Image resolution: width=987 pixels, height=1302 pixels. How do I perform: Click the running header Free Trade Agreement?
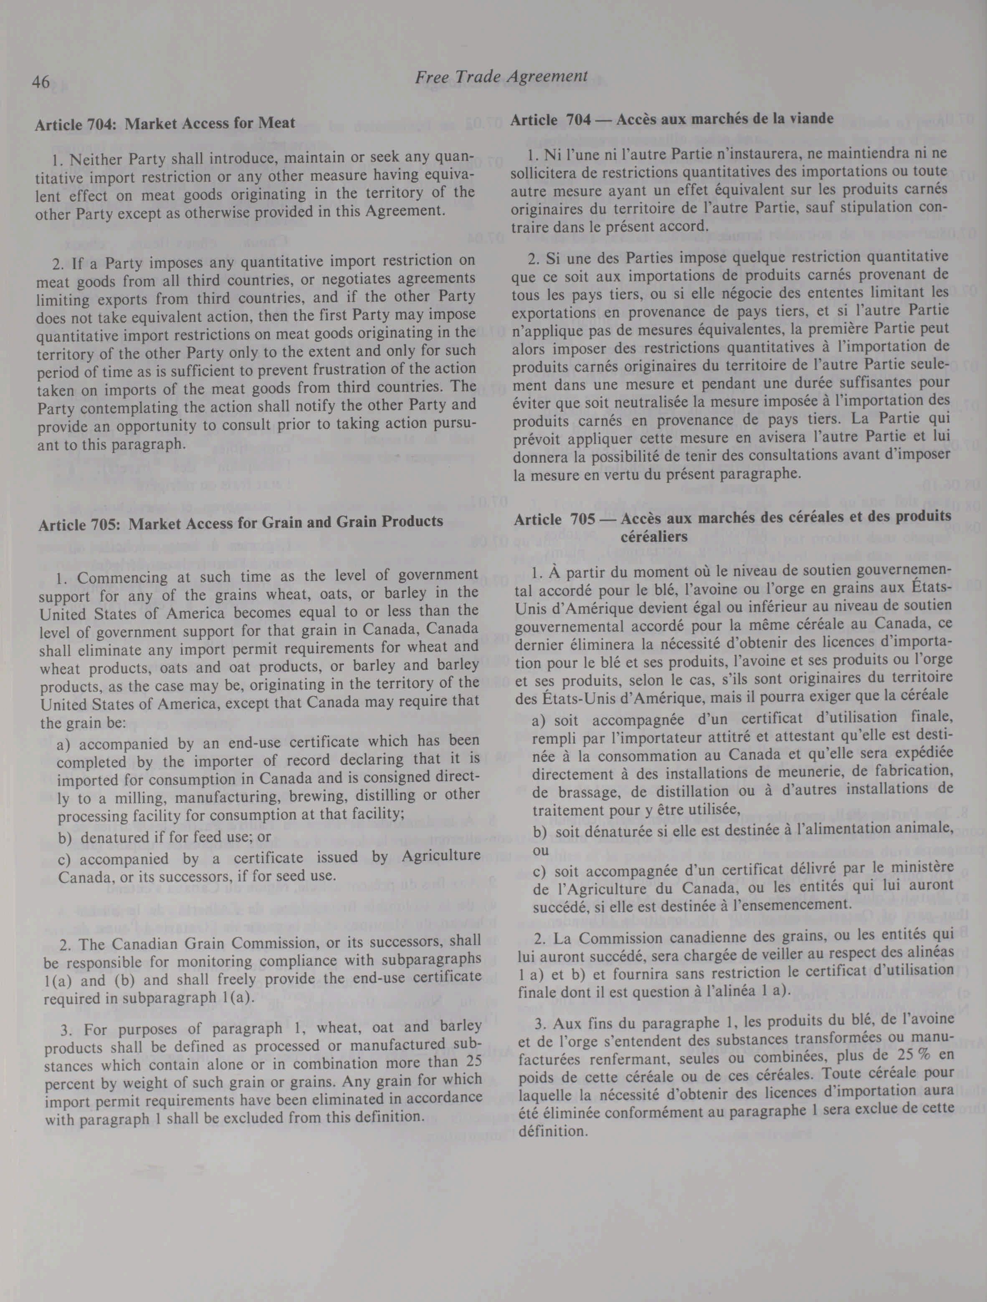[501, 76]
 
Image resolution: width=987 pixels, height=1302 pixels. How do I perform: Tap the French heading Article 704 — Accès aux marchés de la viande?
[671, 119]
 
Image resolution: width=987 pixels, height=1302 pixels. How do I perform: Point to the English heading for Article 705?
[240, 522]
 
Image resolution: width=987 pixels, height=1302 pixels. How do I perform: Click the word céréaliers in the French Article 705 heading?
[654, 536]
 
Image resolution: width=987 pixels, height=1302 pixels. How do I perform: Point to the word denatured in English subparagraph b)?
[109, 837]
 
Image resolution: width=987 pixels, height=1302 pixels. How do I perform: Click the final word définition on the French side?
[553, 1131]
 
